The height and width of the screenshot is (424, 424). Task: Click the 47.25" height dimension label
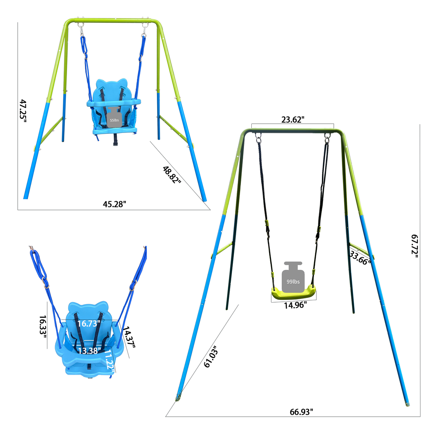tap(23, 111)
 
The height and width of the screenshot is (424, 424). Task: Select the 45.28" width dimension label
tap(114, 204)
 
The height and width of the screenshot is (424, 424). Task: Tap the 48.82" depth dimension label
tap(172, 175)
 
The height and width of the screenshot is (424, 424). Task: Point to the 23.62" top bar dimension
tap(293, 119)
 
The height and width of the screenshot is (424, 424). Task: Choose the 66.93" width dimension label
tap(301, 412)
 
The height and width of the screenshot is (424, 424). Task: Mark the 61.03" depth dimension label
tap(211, 357)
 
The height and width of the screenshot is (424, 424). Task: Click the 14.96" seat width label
tap(295, 305)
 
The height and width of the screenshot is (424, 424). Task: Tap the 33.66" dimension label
tap(360, 257)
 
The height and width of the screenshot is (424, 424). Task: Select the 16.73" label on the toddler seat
tap(89, 323)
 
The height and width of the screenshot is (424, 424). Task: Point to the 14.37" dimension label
tap(129, 337)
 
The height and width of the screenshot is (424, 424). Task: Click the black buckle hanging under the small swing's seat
tap(114, 141)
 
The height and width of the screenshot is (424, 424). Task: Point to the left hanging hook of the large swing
tap(257, 137)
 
